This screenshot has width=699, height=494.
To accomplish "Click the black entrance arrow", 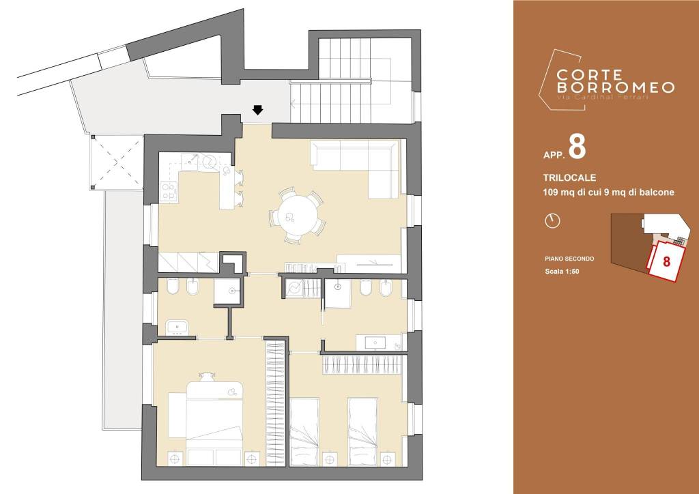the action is [257, 110].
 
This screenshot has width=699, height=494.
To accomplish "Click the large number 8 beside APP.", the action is [577, 148].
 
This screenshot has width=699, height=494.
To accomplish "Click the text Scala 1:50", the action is [562, 272].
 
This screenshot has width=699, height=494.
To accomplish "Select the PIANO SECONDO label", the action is [569, 259].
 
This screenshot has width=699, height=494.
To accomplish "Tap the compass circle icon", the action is [552, 221].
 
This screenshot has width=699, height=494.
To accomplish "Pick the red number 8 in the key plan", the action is [666, 261].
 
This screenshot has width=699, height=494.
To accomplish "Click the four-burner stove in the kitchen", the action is [168, 192].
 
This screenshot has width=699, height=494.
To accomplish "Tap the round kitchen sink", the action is [210, 162].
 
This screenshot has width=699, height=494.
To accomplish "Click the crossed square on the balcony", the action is [117, 162].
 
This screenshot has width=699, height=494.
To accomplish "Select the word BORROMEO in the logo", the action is [616, 87].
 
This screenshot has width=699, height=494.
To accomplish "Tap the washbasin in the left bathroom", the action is [177, 328].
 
